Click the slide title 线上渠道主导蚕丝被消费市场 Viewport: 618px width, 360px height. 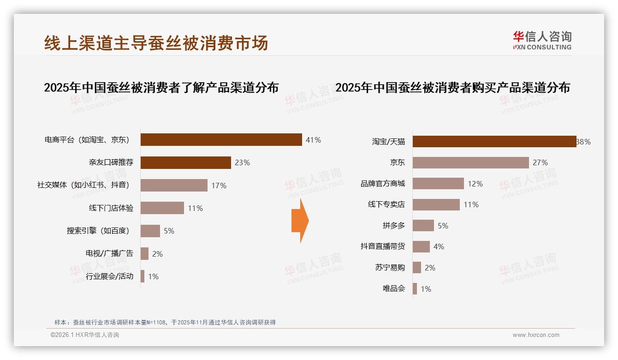coord(156,43)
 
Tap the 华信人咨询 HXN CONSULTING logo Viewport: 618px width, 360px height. coord(542,41)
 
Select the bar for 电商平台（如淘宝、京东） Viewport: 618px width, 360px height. coord(221,140)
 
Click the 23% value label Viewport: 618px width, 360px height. coord(242,162)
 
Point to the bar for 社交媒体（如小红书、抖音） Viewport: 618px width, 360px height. coord(174,186)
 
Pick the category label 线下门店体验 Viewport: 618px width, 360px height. coord(111,208)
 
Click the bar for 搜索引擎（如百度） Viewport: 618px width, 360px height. coord(150,231)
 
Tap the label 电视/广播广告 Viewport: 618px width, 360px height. coord(109,253)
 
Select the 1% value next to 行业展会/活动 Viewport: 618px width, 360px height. coord(153,276)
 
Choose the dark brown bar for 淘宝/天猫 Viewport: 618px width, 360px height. coord(494,142)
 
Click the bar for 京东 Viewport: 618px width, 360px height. coord(470,162)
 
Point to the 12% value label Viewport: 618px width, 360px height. coord(475,184)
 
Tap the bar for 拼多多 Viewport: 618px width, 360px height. coord(423,226)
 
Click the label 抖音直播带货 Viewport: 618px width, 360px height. coord(382,246)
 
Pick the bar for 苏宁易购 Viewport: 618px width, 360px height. coord(417,268)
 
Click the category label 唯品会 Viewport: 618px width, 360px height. coord(393,289)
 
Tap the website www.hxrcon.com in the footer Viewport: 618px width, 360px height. coord(536,335)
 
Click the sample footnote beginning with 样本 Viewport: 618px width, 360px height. coord(165,322)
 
